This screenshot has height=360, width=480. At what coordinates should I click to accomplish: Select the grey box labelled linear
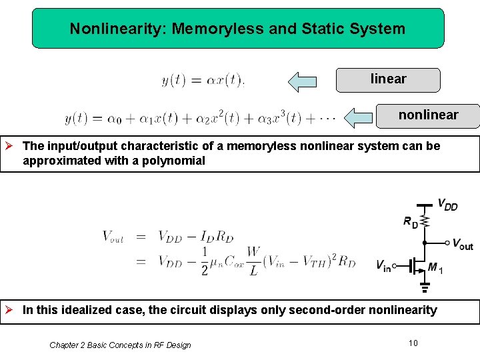click(x=388, y=80)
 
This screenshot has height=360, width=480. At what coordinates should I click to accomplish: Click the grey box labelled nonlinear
click(x=428, y=115)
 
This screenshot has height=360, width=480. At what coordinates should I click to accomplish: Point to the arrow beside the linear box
click(x=302, y=81)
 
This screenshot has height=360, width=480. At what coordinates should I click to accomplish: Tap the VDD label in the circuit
click(x=447, y=205)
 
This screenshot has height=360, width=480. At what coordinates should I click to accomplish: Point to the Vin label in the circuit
click(x=383, y=267)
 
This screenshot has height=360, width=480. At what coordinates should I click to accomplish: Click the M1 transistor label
click(x=434, y=267)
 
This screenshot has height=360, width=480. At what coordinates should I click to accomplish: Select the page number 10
click(x=413, y=343)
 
